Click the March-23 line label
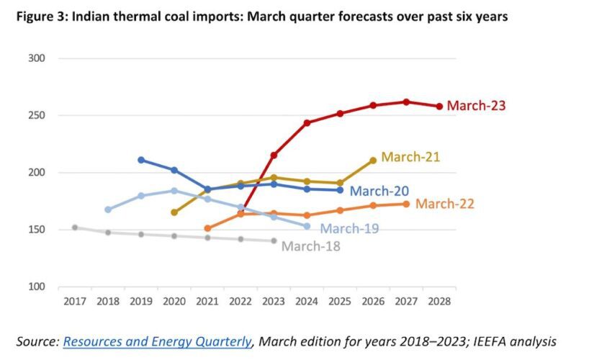pyautogui.click(x=476, y=106)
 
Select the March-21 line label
pyautogui.click(x=410, y=157)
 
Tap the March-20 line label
pyautogui.click(x=379, y=191)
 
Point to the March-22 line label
pyautogui.click(x=444, y=204)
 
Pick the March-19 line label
pyautogui.click(x=349, y=229)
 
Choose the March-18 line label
pyautogui.click(x=310, y=246)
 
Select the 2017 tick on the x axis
pyautogui.click(x=75, y=300)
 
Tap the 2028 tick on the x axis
pyautogui.click(x=439, y=300)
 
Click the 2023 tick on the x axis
pyautogui.click(x=274, y=300)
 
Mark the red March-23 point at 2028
pyautogui.click(x=439, y=107)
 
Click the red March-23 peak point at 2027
pyautogui.click(x=406, y=102)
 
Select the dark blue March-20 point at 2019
pyautogui.click(x=141, y=160)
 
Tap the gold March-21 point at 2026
pyautogui.click(x=373, y=161)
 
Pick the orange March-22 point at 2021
pyautogui.click(x=207, y=228)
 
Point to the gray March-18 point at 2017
pyautogui.click(x=75, y=228)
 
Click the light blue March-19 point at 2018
pyautogui.click(x=108, y=210)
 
